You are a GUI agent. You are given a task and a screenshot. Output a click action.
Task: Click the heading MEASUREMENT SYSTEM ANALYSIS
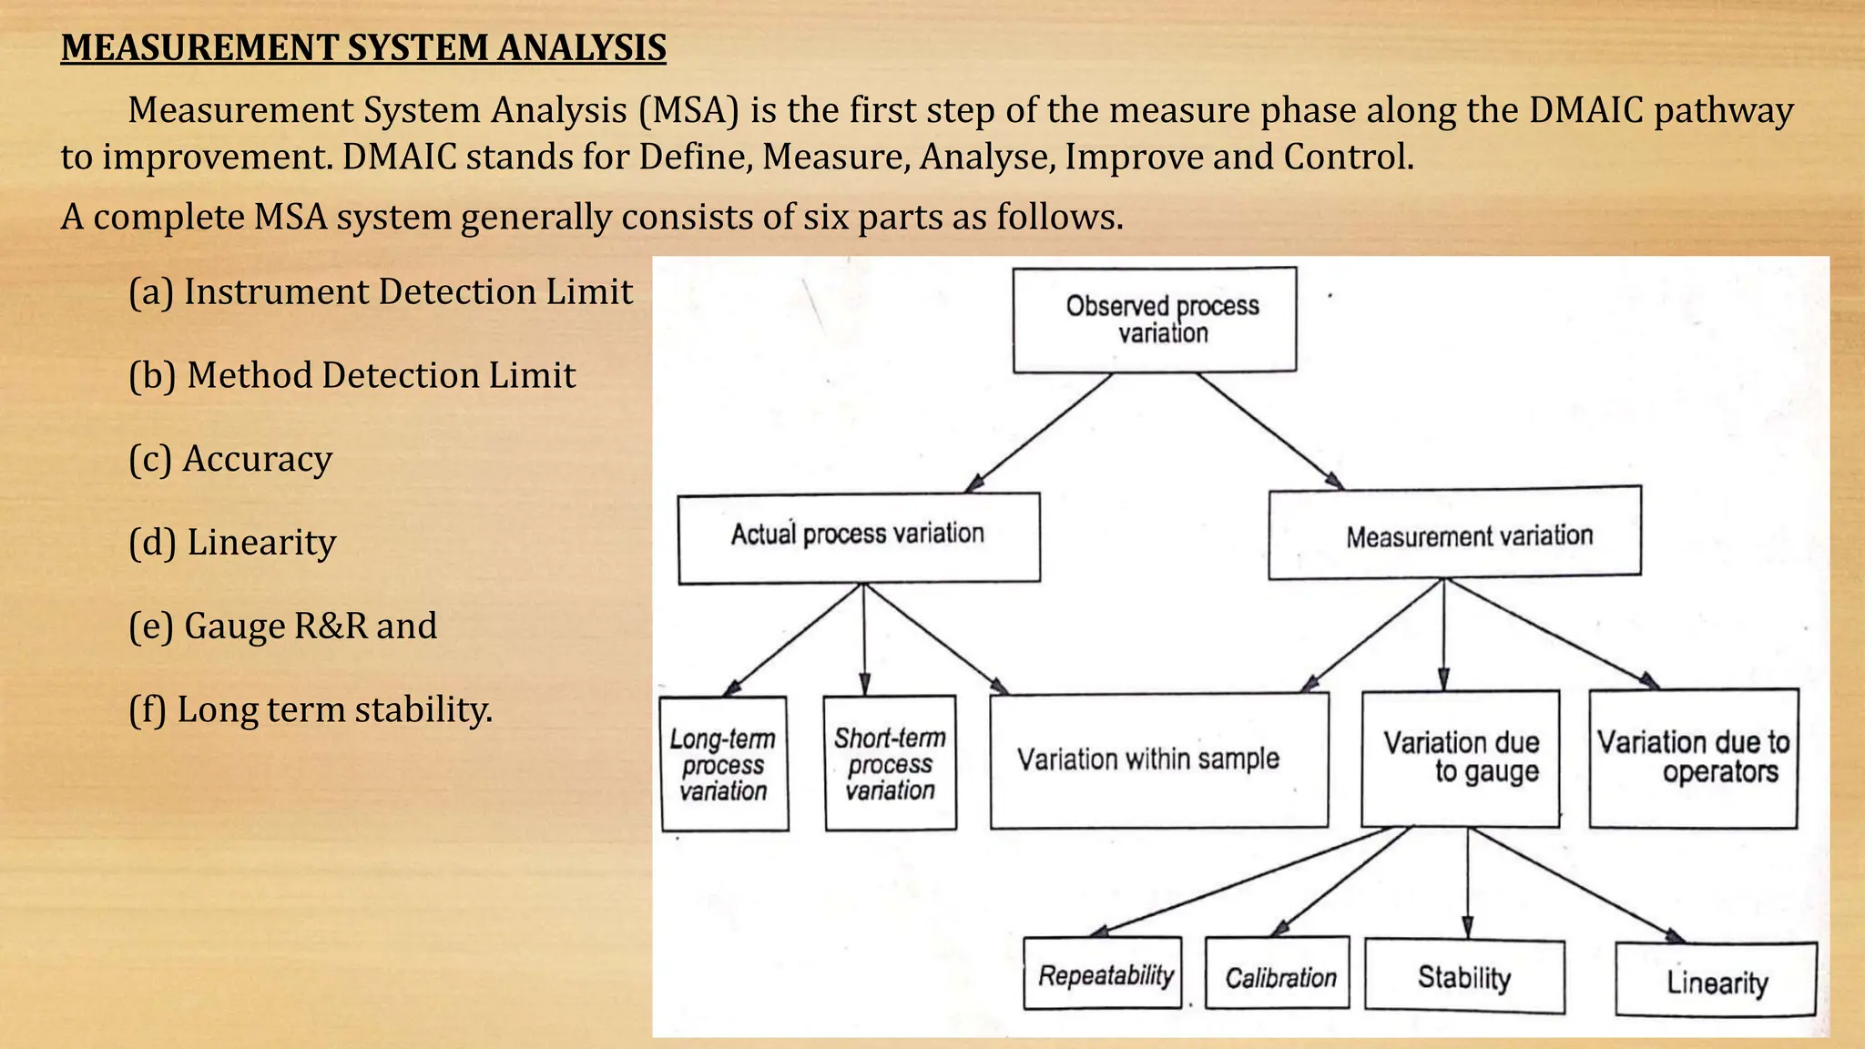click(x=363, y=47)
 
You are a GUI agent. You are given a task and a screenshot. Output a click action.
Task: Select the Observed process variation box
click(x=1155, y=320)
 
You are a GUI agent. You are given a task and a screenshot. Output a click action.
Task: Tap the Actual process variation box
click(x=859, y=537)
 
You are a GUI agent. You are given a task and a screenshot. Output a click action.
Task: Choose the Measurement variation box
click(x=1454, y=534)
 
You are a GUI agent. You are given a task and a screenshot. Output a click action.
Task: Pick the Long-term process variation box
click(x=724, y=764)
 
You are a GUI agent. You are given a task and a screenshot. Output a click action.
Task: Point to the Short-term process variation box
click(x=890, y=763)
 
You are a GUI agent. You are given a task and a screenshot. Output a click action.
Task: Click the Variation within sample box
click(x=1158, y=760)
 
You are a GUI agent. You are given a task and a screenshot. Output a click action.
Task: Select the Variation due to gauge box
click(x=1461, y=759)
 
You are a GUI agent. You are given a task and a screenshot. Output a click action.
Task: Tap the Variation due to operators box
click(x=1694, y=759)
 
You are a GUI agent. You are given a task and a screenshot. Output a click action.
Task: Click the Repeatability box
click(x=1103, y=973)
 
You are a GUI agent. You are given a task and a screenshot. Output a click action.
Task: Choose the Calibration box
click(x=1278, y=973)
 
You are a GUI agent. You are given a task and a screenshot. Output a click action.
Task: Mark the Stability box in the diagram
click(x=1464, y=977)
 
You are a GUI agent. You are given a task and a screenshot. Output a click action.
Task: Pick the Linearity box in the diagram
click(x=1717, y=981)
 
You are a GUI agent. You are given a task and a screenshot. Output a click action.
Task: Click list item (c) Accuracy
click(x=230, y=459)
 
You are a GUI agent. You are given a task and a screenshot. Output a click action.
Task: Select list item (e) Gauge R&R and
click(x=282, y=626)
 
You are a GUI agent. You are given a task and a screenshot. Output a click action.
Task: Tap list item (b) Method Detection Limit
click(x=352, y=375)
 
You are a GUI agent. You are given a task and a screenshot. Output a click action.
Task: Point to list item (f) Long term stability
click(x=310, y=710)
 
